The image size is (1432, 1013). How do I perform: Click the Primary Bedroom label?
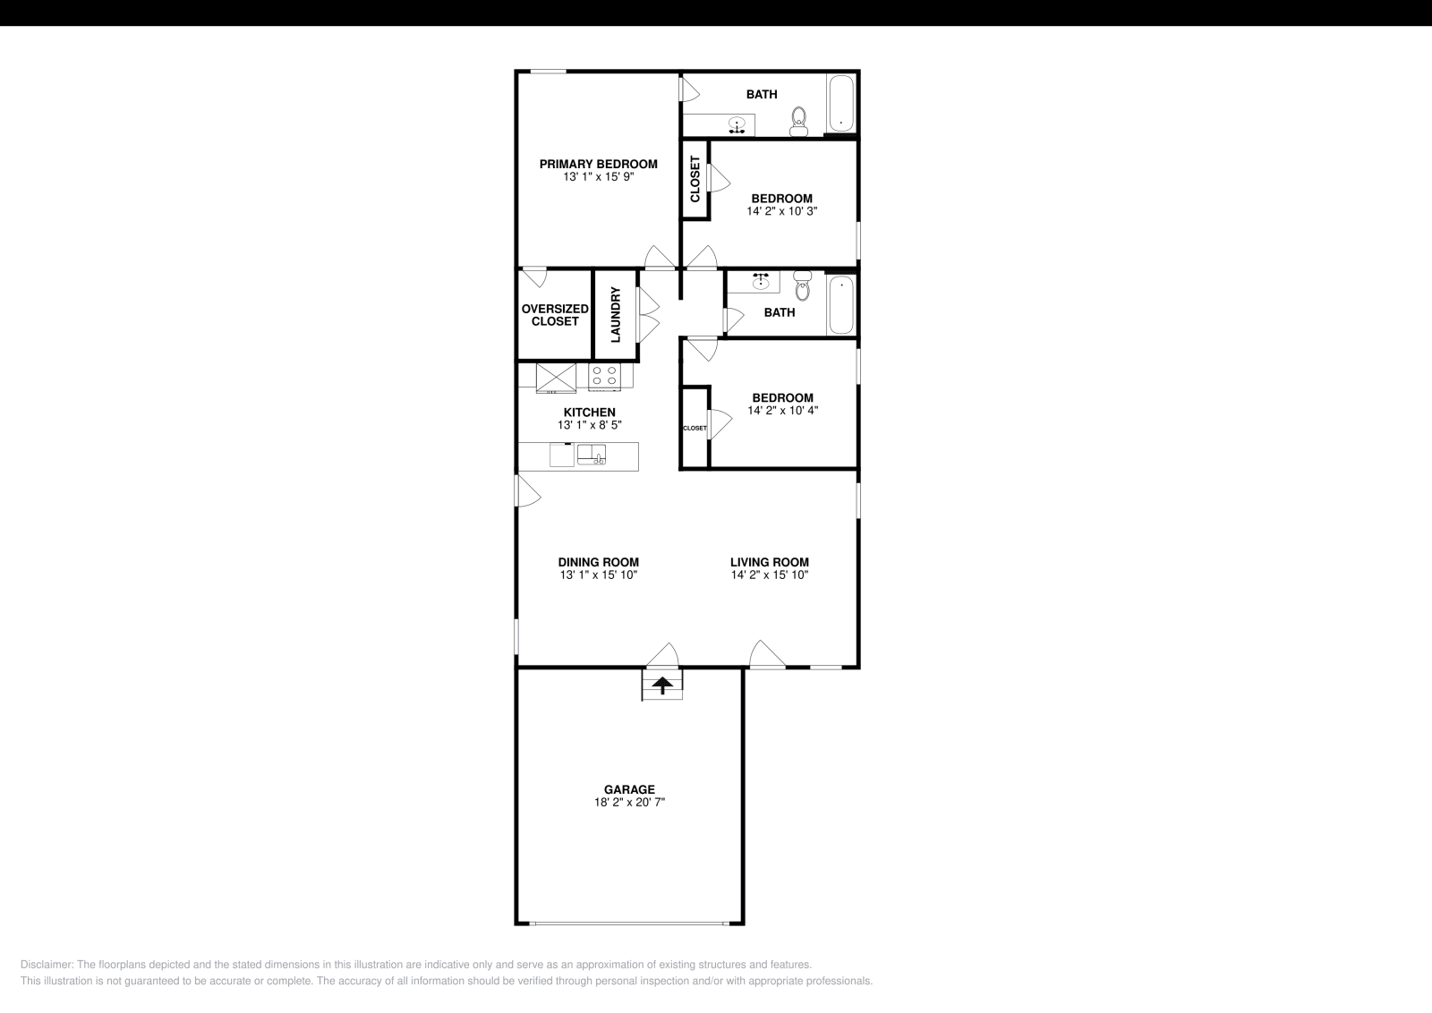click(x=598, y=164)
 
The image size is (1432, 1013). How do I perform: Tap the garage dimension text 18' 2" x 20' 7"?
click(x=629, y=803)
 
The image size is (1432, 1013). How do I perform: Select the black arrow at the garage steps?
click(x=662, y=686)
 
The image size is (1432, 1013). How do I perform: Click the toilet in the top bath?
click(x=798, y=121)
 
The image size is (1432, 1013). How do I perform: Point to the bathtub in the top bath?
click(x=841, y=104)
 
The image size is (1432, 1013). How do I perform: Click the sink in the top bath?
click(x=737, y=123)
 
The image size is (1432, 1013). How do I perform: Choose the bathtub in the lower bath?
click(x=841, y=304)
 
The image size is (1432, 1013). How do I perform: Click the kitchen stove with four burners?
click(x=605, y=376)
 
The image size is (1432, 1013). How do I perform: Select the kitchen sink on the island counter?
click(x=592, y=455)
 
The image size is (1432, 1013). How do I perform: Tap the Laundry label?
click(x=616, y=315)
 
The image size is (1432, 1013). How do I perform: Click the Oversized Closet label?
click(x=555, y=315)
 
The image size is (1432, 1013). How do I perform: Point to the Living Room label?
click(x=769, y=562)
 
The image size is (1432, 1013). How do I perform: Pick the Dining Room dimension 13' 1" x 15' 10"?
click(x=599, y=575)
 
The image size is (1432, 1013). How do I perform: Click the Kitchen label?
click(x=589, y=413)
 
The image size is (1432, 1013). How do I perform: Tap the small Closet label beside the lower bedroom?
click(x=695, y=428)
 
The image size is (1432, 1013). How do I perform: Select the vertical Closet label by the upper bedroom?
click(x=695, y=179)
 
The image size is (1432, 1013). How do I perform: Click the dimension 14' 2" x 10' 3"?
click(x=781, y=212)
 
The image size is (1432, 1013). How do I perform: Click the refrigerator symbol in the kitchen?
click(x=556, y=377)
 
